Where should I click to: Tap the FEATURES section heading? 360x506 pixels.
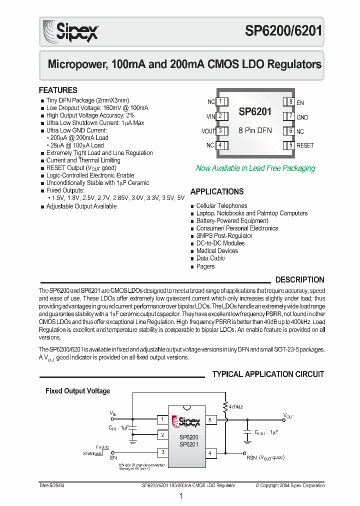58,90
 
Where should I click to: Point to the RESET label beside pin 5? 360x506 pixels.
305,145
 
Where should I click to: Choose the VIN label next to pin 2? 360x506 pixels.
210,116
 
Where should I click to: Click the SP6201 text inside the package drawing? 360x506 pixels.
255,112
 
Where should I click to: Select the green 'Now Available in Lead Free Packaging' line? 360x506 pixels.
255,168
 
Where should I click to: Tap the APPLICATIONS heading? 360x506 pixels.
217,191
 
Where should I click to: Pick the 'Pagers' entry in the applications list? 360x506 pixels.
205,266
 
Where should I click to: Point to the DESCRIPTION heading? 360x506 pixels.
299,280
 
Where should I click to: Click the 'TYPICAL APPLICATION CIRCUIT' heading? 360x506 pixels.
268,374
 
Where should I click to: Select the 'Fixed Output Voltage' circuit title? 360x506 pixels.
77,391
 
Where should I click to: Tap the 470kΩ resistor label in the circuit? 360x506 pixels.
235,407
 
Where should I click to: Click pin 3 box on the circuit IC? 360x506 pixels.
162,452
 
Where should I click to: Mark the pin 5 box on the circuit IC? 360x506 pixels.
210,419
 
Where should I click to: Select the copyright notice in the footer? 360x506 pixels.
290,485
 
